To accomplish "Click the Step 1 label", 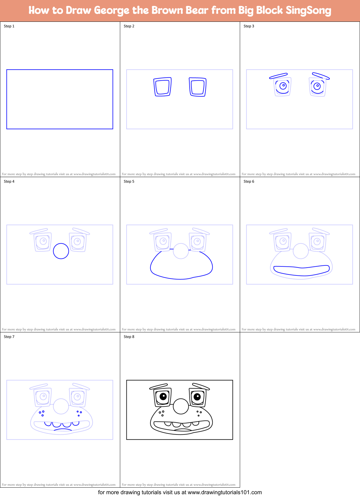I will (x=9, y=26).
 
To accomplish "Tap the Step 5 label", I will (x=129, y=181).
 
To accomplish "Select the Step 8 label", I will (x=129, y=337).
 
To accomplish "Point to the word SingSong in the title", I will (x=308, y=11).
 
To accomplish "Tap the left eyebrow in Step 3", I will (x=278, y=76).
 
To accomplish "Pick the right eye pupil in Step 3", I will (x=317, y=86).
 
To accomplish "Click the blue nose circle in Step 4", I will (x=61, y=251).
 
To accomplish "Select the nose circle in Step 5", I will (x=181, y=251).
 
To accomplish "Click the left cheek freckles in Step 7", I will (x=41, y=413).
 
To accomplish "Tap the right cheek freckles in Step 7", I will (x=79, y=413).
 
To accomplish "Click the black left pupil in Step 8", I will (x=163, y=396).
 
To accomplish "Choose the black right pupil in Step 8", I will (x=197, y=396).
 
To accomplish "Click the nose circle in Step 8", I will (x=181, y=406).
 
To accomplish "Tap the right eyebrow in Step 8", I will (x=201, y=387).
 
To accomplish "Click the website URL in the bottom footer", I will (x=225, y=492).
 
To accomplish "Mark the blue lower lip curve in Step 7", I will (x=63, y=429).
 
